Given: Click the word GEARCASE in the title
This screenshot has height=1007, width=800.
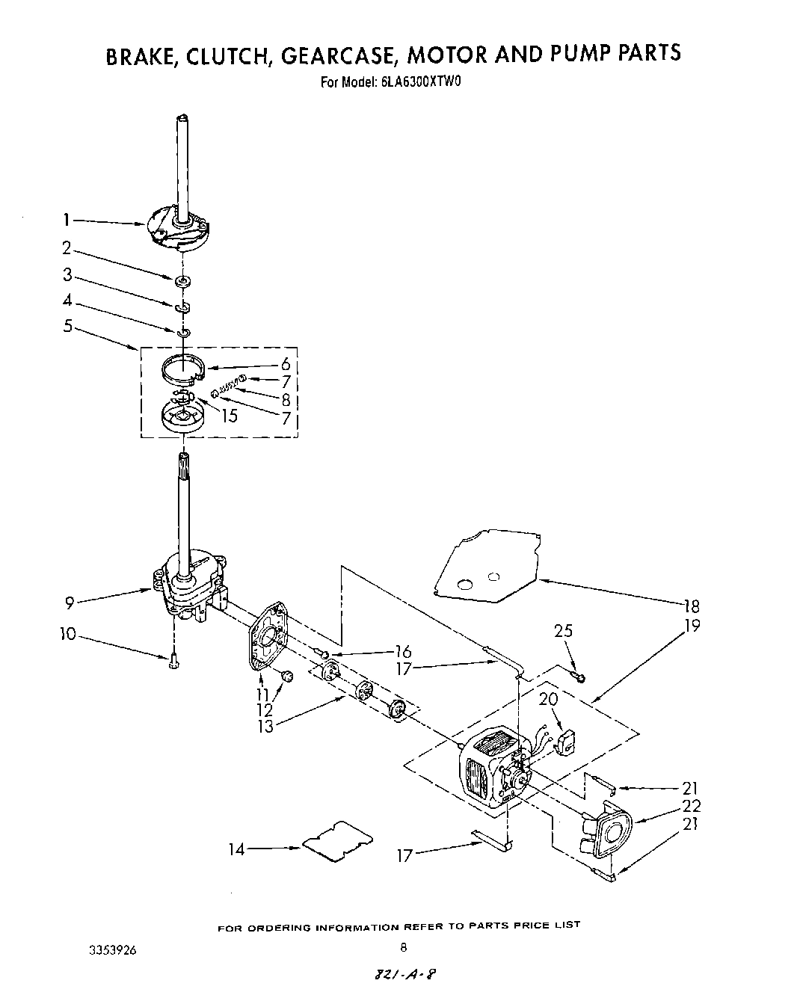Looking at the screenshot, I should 330,55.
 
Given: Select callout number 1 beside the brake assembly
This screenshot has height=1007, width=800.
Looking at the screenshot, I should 67,220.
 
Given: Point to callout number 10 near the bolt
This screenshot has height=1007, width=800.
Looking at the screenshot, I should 68,634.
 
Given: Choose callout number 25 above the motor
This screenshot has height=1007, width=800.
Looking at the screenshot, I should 563,631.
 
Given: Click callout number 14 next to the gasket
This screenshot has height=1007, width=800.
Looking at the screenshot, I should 236,849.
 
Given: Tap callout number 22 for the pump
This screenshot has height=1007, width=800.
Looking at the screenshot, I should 691,806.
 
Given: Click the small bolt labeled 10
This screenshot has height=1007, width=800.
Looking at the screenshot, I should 173,661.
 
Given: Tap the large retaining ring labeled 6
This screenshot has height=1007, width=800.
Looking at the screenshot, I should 183,369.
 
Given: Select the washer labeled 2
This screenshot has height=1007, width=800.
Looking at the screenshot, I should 182,281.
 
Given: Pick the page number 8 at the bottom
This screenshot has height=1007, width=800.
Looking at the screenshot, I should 402,948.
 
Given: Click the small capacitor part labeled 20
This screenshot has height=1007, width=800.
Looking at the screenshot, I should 569,742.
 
